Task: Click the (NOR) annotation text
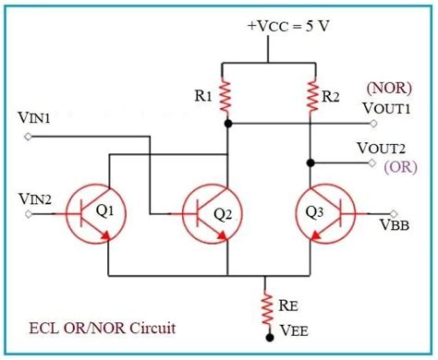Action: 382,89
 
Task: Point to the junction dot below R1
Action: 228,122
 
